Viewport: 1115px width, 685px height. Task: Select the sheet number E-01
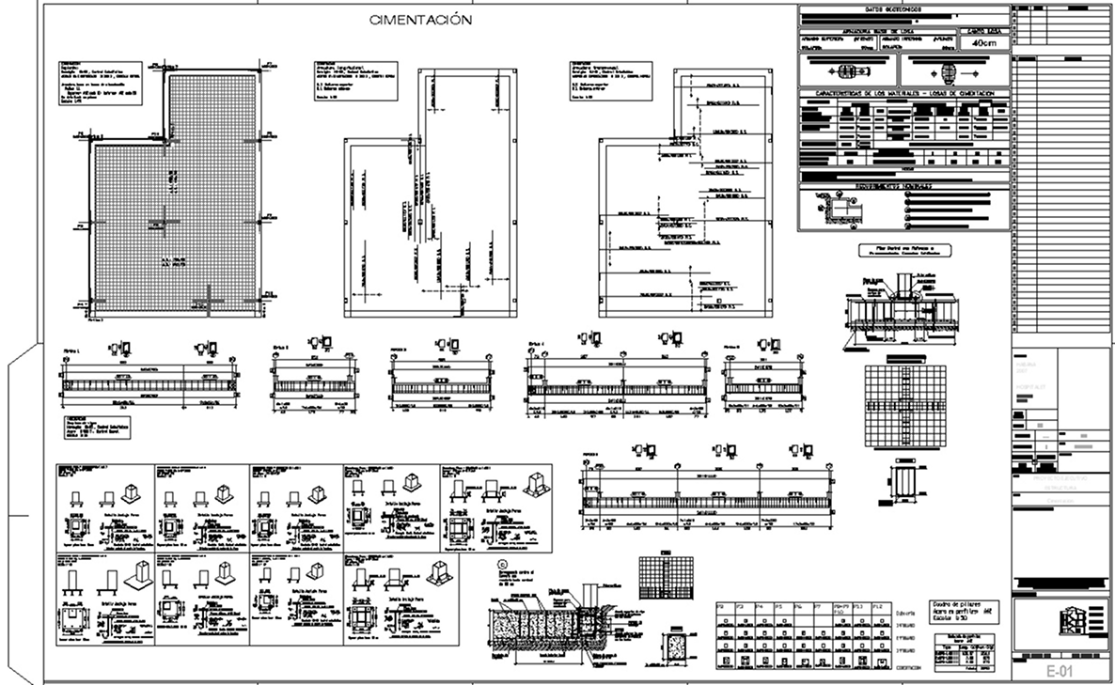1059,670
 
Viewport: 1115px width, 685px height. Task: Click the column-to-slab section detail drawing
901,305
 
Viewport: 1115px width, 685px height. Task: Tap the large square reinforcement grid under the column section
900,402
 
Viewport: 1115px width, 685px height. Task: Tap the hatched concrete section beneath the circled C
541,624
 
